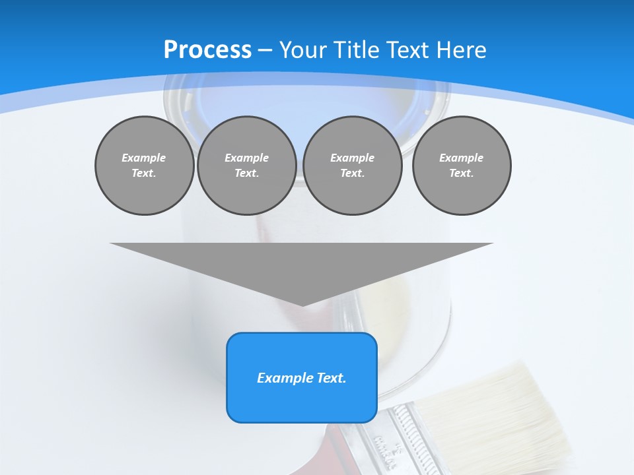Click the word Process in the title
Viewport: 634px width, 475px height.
(207, 50)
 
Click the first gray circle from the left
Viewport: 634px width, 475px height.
(144, 166)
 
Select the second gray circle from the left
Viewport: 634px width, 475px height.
(246, 166)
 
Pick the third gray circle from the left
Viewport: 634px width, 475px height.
(352, 166)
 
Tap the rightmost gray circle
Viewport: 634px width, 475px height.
(461, 166)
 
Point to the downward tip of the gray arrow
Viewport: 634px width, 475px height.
(302, 304)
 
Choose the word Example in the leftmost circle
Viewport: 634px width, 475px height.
(144, 158)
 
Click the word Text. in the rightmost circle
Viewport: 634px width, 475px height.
(461, 174)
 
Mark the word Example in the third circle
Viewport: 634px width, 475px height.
(352, 158)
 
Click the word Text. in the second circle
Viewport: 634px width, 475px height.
(246, 174)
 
